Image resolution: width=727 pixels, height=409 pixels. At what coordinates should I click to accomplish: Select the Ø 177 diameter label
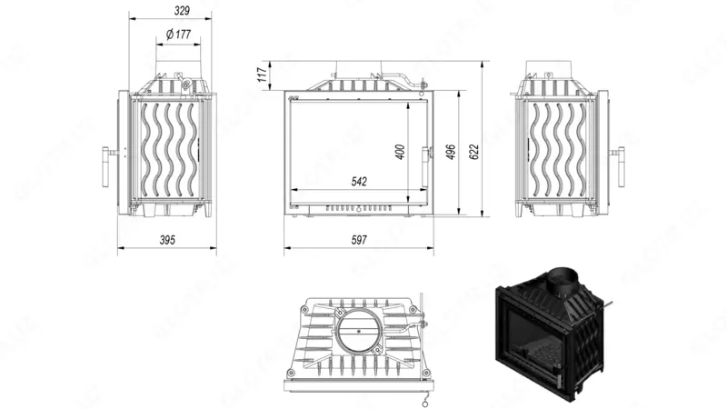tap(177, 35)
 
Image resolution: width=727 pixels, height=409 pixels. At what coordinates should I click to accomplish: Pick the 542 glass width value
tap(358, 182)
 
